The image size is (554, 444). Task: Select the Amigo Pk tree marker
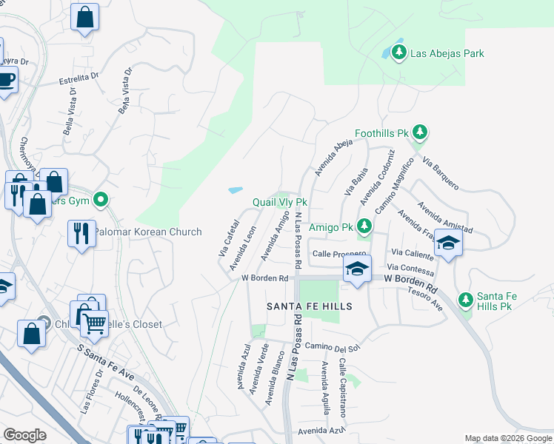364,226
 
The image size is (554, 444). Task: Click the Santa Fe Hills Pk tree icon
465,300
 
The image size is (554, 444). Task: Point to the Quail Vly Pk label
279,202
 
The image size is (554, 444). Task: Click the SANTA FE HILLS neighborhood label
309,306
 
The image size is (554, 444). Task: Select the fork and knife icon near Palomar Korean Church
81,233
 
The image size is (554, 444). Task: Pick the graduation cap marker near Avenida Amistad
448,243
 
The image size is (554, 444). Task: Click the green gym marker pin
103,200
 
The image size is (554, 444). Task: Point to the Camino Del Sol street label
331,347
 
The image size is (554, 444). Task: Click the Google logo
24,435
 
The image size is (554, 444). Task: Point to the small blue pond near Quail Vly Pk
236,190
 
